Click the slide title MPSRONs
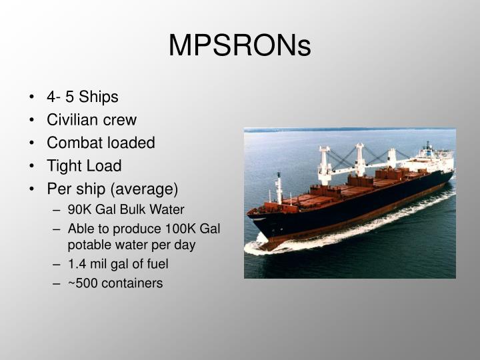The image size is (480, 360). (x=240, y=45)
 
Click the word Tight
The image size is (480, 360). (x=63, y=166)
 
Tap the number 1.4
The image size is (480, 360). (x=77, y=264)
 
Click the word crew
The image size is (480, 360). (x=120, y=120)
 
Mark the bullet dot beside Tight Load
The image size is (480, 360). (x=33, y=166)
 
